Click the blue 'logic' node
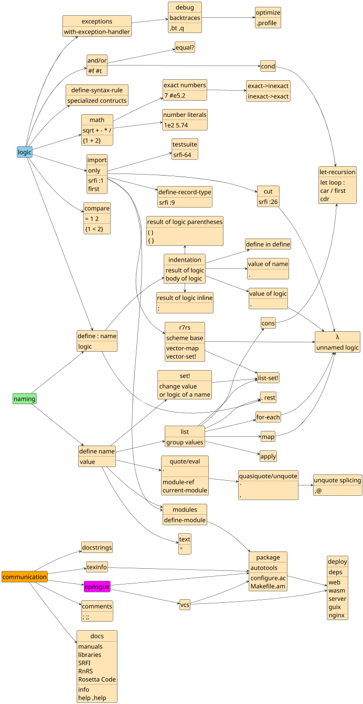click(x=25, y=152)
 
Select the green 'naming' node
click(x=25, y=398)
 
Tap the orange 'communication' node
click(x=25, y=577)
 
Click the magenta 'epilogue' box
click(x=97, y=587)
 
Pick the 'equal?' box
click(x=185, y=48)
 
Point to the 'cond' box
click(x=268, y=66)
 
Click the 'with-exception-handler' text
click(x=97, y=32)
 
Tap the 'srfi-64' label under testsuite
click(x=185, y=155)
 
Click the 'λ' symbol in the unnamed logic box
click(x=337, y=336)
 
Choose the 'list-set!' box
click(x=268, y=377)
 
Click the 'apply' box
click(x=268, y=456)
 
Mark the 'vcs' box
click(x=185, y=604)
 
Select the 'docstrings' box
click(x=97, y=547)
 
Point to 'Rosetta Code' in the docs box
click(x=97, y=679)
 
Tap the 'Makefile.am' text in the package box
click(x=268, y=586)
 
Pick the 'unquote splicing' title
click(x=337, y=480)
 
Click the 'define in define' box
click(x=268, y=244)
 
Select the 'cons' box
click(x=268, y=323)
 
